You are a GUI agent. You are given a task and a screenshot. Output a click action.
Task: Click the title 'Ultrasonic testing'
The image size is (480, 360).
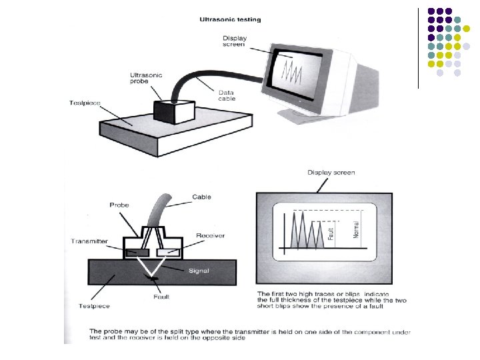pyautogui.click(x=231, y=19)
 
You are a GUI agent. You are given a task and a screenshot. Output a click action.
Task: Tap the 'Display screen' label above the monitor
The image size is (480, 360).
pyautogui.click(x=235, y=41)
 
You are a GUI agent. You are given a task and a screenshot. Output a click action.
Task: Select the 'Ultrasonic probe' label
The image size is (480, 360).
pyautogui.click(x=144, y=80)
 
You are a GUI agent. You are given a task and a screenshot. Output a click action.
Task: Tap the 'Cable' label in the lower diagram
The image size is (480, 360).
pyautogui.click(x=201, y=197)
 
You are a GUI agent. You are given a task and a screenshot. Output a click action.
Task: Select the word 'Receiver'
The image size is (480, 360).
pyautogui.click(x=210, y=235)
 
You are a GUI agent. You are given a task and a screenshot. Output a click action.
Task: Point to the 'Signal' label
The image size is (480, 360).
pyautogui.click(x=198, y=271)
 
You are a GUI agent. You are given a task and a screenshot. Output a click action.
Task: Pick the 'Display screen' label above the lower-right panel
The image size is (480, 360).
pyautogui.click(x=331, y=173)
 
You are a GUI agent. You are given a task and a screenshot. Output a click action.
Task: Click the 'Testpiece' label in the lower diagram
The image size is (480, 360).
pyautogui.click(x=95, y=306)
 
